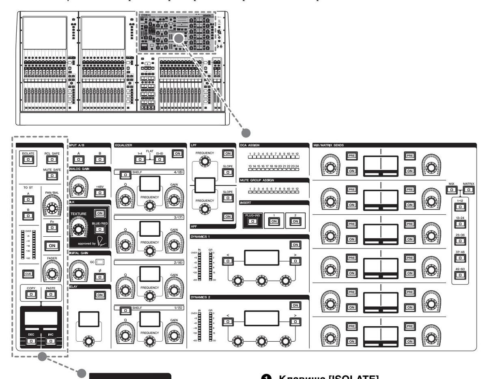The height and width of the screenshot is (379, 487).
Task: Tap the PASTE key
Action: pyautogui.click(x=51, y=293)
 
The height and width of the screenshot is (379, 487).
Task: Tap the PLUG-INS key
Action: pyautogui.click(x=252, y=221)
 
